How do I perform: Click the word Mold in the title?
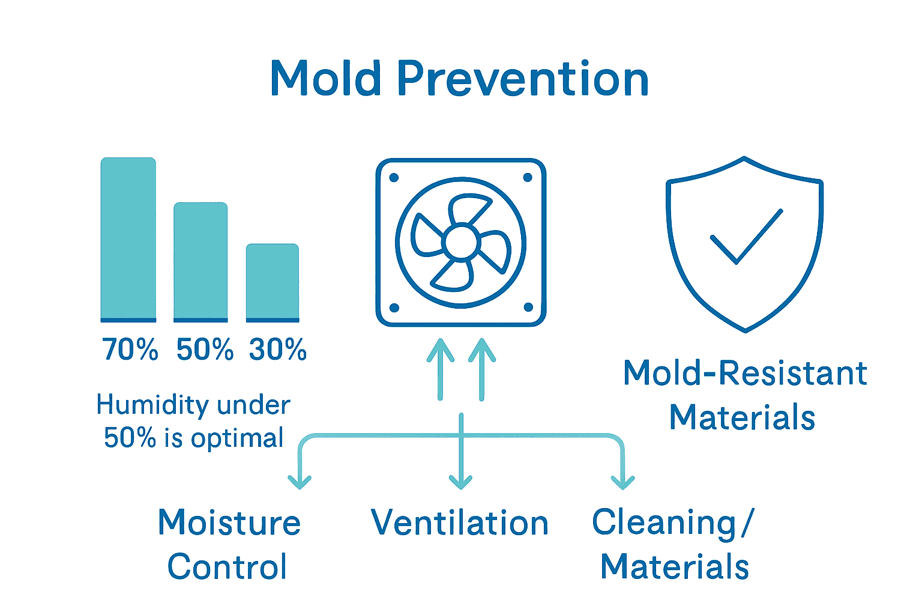pos(326,78)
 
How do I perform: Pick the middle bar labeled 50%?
pos(200,261)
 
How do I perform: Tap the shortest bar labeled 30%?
pos(273,282)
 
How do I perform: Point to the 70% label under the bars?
pos(130,350)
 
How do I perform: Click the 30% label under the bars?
pos(278,350)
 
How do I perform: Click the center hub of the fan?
pos(461,243)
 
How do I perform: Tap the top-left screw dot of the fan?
pos(394,178)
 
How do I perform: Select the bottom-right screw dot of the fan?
pos(528,307)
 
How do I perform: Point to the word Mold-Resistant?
pos(745,373)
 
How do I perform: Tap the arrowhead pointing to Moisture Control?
pos(299,481)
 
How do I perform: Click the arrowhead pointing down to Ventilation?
pos(460,481)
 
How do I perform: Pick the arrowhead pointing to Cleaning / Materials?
pos(622,481)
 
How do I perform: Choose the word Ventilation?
pos(460,523)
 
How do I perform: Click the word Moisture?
pos(229,523)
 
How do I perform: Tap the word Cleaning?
pos(664,523)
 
